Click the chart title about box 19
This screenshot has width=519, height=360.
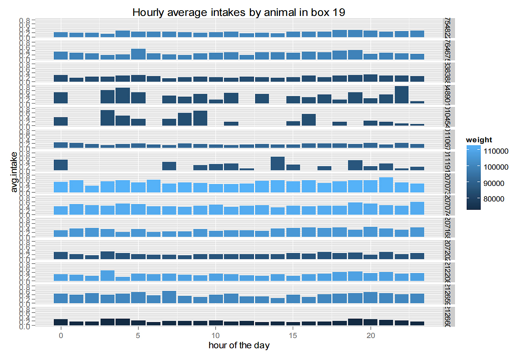point(238,13)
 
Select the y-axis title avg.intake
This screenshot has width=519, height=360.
point(14,172)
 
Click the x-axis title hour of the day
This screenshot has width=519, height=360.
point(239,345)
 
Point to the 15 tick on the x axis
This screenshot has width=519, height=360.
point(293,335)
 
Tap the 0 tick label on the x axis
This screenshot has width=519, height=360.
point(61,335)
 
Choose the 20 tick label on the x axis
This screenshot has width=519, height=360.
point(370,335)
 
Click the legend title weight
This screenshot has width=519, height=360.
point(479,140)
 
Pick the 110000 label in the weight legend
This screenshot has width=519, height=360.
point(496,151)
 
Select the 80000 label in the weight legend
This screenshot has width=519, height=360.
point(494,199)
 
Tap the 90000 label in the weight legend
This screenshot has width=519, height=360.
point(494,183)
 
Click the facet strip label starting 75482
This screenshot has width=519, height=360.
point(447,28)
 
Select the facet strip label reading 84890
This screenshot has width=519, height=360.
point(447,94)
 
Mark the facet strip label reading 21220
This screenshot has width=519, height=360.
point(447,272)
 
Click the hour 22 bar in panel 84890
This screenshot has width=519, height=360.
point(401,95)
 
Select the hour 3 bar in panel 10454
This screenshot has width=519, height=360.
point(107,118)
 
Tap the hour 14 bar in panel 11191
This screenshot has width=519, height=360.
point(278,163)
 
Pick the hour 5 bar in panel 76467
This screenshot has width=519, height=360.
point(138,54)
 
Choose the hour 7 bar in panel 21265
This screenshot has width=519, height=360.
point(169,297)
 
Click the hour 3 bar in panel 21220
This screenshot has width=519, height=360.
point(107,275)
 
